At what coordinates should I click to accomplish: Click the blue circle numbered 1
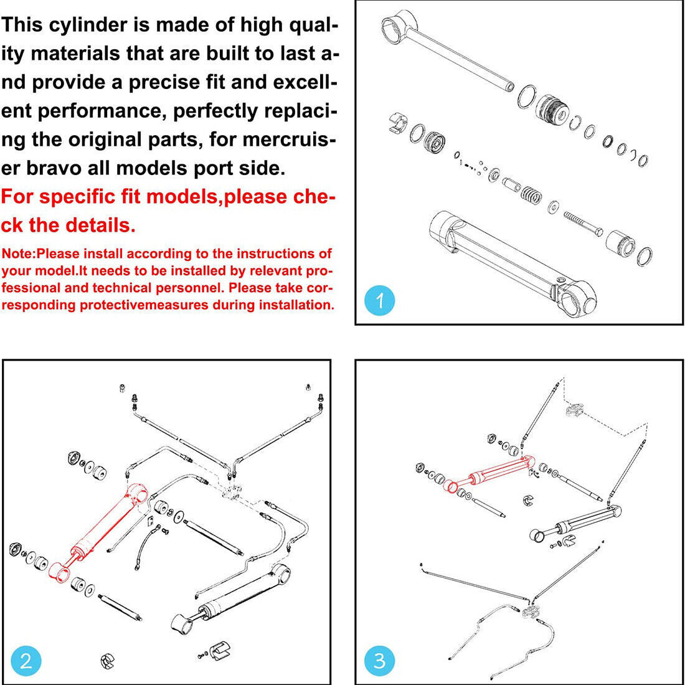(x=380, y=301)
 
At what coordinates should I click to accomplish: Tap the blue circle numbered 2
(x=26, y=660)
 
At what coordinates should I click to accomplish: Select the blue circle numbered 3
(x=379, y=660)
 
